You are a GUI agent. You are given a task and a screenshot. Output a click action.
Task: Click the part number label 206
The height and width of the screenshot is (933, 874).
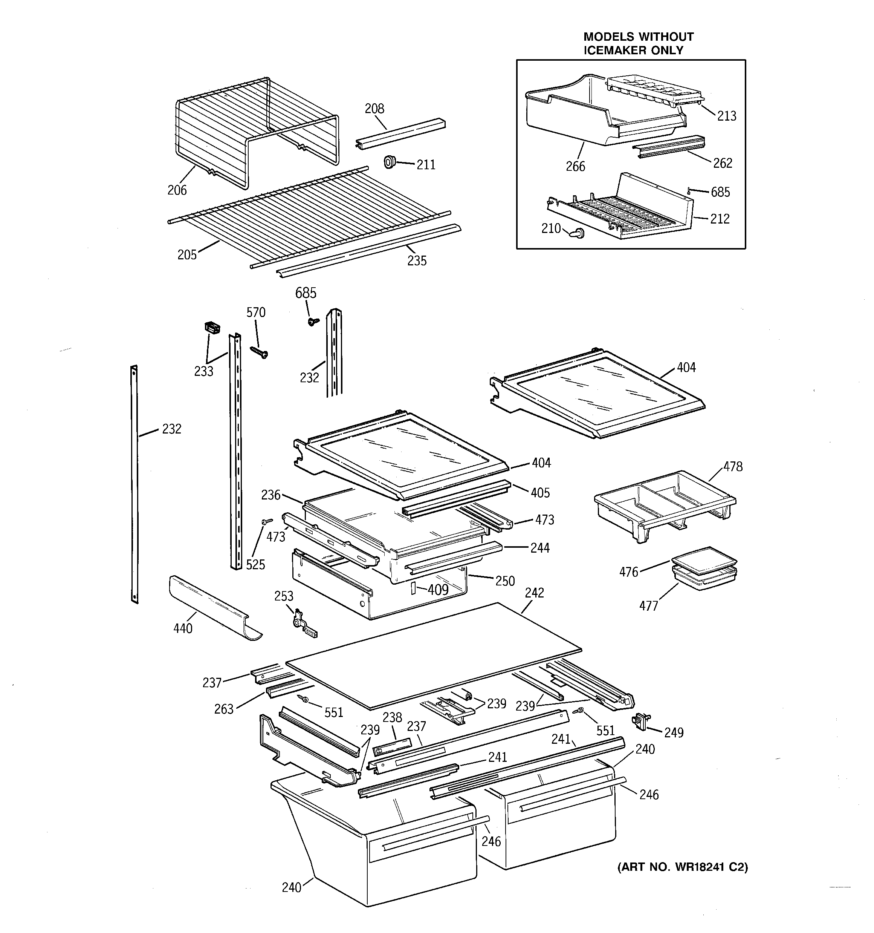point(177,190)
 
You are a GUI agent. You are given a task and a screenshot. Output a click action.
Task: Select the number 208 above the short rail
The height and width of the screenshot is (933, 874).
point(374,109)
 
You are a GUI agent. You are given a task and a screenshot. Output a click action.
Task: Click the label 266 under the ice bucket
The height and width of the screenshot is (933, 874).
point(575,166)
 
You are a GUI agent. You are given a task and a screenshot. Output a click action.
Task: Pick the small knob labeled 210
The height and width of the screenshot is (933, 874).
point(578,233)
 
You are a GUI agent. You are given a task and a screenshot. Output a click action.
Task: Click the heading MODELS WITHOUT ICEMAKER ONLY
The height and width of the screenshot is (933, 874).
point(638,43)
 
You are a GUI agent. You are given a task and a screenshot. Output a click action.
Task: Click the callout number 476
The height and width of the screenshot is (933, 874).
point(629,571)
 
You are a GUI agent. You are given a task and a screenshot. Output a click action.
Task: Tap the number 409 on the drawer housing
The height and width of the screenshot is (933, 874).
point(438,590)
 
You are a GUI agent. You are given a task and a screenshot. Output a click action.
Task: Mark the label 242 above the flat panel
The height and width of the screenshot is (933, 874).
point(534,593)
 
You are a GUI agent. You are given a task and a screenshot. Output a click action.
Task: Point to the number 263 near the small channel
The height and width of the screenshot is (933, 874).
point(224,709)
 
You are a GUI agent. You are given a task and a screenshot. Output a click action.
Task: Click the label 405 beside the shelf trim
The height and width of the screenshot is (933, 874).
point(540,492)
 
